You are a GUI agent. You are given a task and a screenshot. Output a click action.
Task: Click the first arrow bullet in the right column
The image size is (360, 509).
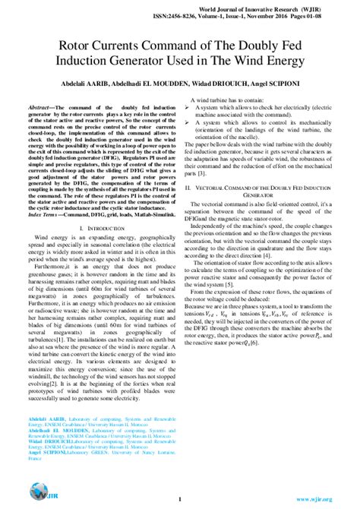(x=188, y=108)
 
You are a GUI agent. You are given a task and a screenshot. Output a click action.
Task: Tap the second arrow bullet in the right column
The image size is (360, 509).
(x=188, y=121)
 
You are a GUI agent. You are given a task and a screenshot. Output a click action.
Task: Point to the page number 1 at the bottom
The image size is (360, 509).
(x=180, y=499)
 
